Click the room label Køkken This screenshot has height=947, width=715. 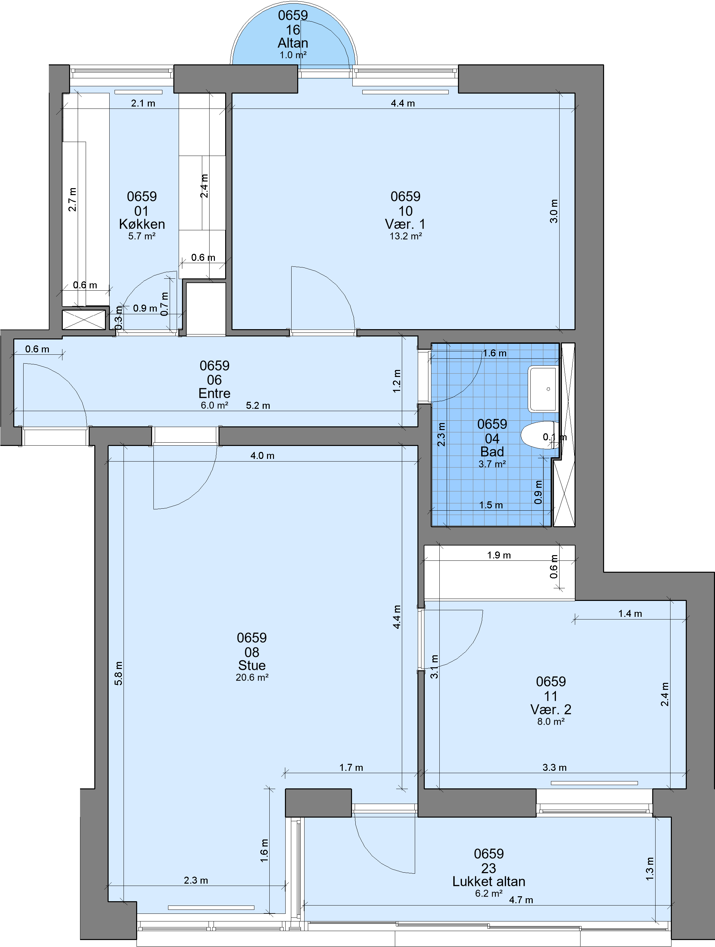142,224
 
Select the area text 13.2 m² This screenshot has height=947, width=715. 405,236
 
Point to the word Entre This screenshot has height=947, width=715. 214,393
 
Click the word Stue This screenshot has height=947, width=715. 252,665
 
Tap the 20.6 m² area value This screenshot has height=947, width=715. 252,678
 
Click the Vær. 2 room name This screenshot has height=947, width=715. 551,709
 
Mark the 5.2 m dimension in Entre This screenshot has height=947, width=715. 258,405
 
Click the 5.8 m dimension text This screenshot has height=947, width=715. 118,674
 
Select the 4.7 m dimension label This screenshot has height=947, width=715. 521,900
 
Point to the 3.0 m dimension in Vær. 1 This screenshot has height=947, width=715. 554,211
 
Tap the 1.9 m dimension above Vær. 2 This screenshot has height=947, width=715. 499,555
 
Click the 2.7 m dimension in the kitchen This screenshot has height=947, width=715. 72,199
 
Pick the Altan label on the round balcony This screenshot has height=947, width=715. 293,43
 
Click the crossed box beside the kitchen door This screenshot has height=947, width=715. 84,320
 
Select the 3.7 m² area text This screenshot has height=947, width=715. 492,464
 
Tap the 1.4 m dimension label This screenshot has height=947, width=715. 630,614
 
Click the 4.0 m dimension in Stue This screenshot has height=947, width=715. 262,456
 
